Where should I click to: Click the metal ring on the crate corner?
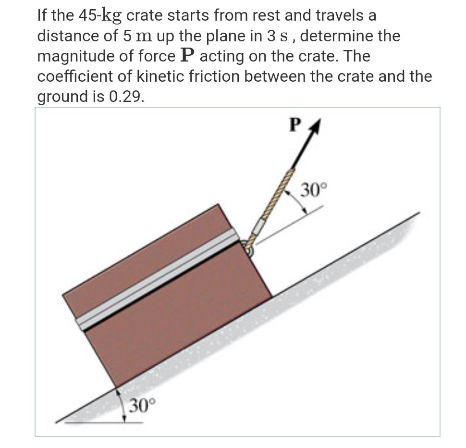coord(249,248)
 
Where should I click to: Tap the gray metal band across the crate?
coord(159,279)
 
